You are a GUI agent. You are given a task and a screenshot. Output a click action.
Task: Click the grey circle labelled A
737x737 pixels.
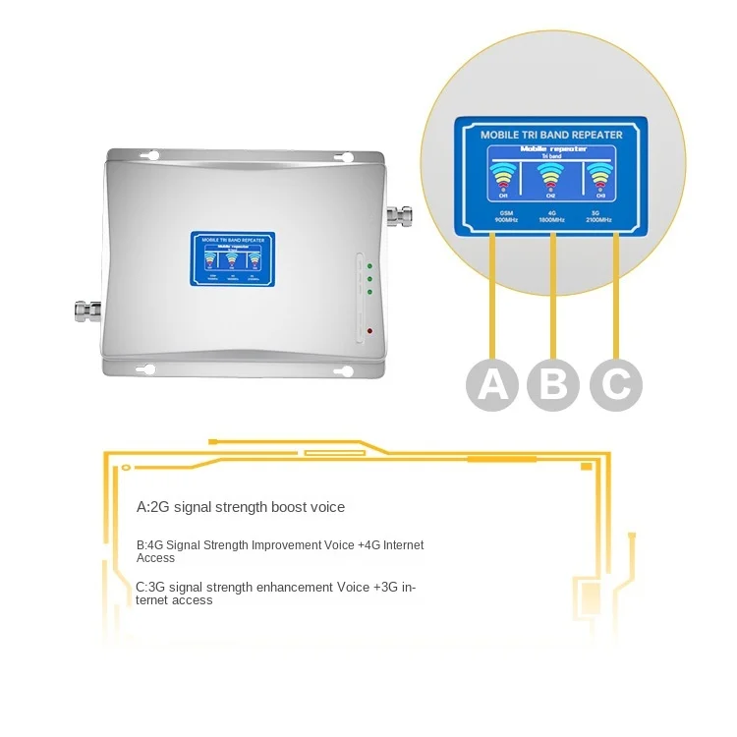pos(492,383)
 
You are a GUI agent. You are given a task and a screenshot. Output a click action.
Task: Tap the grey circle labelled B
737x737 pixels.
pos(554,383)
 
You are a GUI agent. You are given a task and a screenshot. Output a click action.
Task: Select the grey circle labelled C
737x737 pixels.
pos(616,383)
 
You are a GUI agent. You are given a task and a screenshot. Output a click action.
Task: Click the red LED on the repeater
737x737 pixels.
pos(369,329)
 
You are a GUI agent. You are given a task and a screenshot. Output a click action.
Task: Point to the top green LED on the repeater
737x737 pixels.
pos(369,265)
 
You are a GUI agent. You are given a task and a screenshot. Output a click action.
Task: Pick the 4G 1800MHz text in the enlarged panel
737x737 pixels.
pos(552,215)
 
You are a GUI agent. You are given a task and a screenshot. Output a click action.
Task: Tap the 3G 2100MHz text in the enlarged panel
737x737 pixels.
pos(597,215)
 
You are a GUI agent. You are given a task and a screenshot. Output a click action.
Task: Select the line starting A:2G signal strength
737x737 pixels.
pos(241,507)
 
